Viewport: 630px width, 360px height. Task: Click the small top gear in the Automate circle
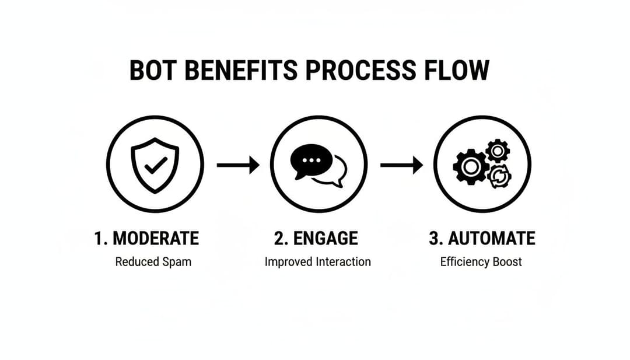[498, 151]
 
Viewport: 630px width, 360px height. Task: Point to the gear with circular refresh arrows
[499, 176]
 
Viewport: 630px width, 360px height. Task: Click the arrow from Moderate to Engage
[237, 165]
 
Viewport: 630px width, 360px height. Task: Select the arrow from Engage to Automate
[401, 165]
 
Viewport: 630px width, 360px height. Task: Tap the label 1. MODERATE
[146, 238]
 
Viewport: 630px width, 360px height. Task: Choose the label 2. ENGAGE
[316, 238]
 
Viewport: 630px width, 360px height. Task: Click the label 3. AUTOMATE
[482, 238]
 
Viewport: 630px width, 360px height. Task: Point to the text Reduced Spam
[153, 261]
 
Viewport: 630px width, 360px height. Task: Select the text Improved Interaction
[317, 261]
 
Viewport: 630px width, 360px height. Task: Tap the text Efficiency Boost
[481, 261]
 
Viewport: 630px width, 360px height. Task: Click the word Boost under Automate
[506, 261]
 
